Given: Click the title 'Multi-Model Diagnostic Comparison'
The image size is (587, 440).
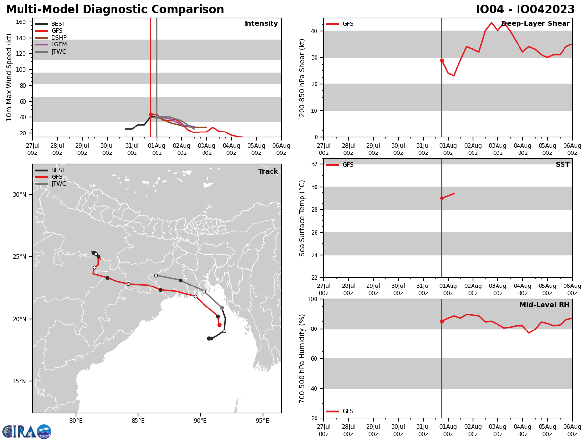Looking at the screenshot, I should click(x=115, y=10).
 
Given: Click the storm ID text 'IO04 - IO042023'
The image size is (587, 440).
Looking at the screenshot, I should click(x=525, y=10).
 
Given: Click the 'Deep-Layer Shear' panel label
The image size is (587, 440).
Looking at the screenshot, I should click(x=535, y=24).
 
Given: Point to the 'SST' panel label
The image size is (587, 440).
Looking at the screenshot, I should click(x=563, y=165).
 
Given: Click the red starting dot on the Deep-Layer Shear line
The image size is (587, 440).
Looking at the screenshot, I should click(x=442, y=60).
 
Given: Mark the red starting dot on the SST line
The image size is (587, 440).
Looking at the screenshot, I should click(x=442, y=198).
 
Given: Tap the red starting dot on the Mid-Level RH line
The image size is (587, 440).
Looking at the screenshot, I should click(x=442, y=321).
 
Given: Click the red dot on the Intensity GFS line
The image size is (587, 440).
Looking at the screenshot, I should click(x=151, y=114).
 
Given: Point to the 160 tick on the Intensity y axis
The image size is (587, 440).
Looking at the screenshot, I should click(x=21, y=22).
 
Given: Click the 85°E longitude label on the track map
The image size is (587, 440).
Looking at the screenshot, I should click(x=138, y=420).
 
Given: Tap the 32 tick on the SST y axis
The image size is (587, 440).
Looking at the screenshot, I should click(x=315, y=164).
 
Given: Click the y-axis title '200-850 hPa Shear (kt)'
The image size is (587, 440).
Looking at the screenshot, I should click(x=303, y=77).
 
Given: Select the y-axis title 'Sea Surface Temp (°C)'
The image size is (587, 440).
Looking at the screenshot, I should click(x=303, y=218).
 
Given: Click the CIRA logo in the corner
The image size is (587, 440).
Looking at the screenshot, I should click(x=27, y=431).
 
